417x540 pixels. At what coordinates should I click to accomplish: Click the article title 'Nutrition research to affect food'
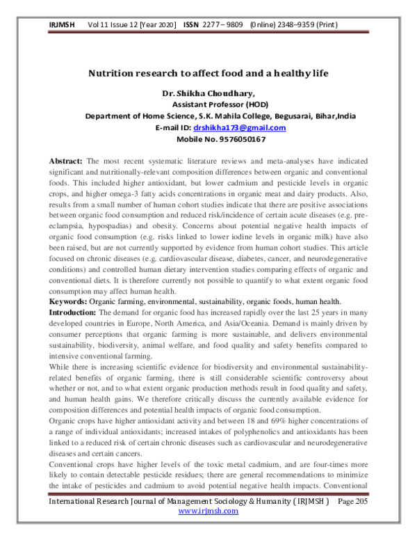coord(208,72)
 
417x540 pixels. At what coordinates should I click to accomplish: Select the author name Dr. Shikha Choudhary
coord(208,94)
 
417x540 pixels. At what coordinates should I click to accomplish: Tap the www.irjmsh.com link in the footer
coord(208,530)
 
